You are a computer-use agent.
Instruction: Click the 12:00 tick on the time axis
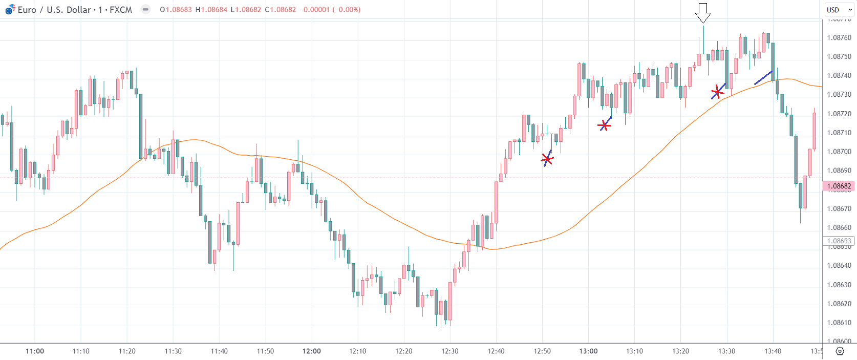point(311,351)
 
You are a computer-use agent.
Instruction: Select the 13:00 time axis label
point(588,351)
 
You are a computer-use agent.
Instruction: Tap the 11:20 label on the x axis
point(127,351)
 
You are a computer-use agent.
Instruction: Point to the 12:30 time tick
point(450,351)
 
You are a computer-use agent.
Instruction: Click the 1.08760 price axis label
point(839,37)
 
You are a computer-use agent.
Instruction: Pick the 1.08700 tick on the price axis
point(839,152)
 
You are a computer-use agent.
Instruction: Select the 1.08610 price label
point(839,323)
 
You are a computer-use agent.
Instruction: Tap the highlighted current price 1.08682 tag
point(839,186)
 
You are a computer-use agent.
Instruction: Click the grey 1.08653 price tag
point(839,241)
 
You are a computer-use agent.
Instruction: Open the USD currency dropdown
point(839,10)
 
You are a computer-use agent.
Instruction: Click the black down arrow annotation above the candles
point(703,13)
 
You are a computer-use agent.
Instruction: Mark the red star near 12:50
point(547,160)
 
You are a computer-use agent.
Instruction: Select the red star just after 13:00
point(605,125)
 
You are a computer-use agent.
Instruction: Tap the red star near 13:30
point(717,92)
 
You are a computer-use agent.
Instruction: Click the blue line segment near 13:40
point(763,77)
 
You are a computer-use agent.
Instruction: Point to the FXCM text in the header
point(121,10)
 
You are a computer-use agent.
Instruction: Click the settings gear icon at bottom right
point(840,351)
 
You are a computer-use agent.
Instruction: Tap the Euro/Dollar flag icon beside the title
point(10,10)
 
